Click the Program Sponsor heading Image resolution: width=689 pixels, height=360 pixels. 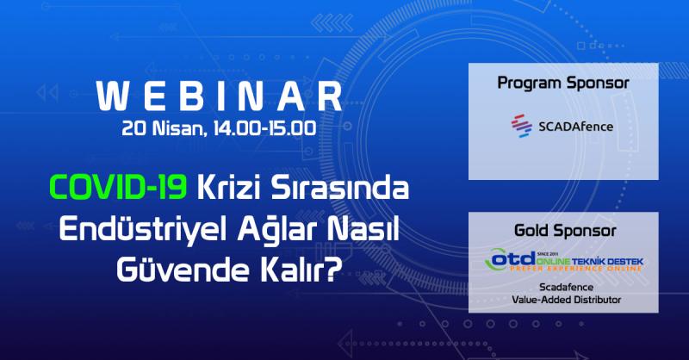[563, 84]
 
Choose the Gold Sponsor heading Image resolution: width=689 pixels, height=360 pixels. [563, 233]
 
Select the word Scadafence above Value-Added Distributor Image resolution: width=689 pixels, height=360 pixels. [563, 287]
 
